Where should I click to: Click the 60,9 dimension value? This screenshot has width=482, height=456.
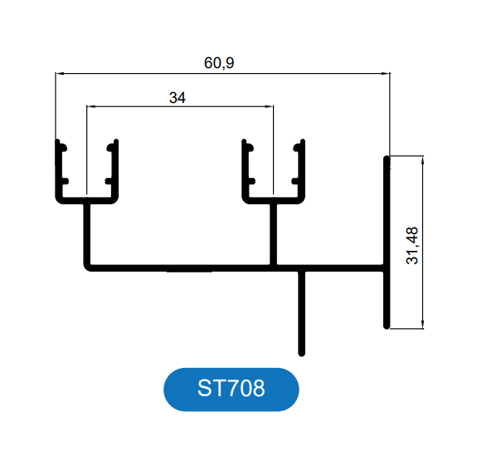[219, 63]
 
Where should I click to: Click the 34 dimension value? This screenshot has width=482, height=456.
[178, 98]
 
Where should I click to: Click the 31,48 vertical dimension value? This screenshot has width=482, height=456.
[412, 246]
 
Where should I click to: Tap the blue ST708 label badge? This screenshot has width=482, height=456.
[231, 390]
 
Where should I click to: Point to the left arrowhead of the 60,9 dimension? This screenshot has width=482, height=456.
[59, 74]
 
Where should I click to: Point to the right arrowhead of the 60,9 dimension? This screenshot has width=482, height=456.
[386, 74]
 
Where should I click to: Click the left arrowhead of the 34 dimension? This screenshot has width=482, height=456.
[90, 106]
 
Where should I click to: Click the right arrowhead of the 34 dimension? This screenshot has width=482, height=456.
[270, 106]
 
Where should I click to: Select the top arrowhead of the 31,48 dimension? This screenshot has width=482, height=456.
[423, 160]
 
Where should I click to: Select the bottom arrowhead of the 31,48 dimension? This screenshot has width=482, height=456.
[423, 325]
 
